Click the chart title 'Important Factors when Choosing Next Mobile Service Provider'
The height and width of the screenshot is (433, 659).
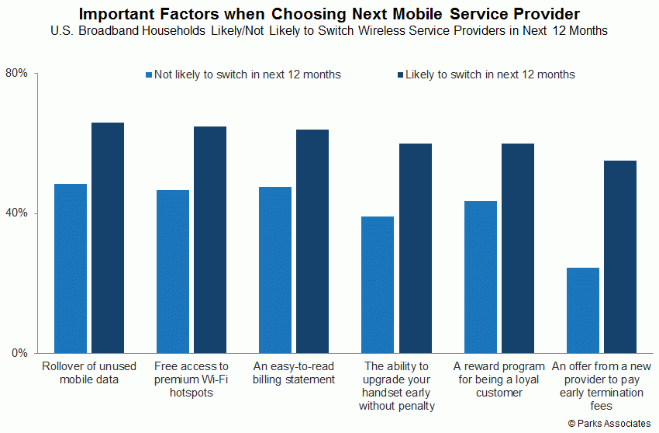pos(329,14)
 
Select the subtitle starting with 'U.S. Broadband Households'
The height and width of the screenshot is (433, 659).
pos(329,31)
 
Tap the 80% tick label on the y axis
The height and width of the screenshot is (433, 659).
pos(16,73)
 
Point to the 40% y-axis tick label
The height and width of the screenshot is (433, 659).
pos(16,213)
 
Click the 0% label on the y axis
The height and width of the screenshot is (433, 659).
pos(19,352)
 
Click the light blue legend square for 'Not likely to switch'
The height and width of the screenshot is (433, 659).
pos(149,75)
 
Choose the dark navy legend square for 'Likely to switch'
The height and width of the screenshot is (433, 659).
pos(401,75)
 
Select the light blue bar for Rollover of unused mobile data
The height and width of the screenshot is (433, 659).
pos(71,268)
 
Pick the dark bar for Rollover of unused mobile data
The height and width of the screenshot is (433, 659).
pos(108,237)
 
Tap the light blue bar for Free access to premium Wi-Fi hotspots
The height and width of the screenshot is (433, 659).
pos(173,272)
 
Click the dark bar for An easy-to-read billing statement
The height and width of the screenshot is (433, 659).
pos(312,241)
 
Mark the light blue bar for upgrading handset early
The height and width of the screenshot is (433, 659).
pos(378,285)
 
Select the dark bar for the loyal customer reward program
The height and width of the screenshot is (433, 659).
pos(518,248)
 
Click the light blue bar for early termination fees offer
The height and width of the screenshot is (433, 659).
pos(583,310)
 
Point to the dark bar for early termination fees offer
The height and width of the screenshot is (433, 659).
pos(620,257)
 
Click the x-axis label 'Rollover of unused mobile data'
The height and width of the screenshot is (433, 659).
pos(89,372)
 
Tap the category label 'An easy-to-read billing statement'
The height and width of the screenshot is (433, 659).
pos(294,372)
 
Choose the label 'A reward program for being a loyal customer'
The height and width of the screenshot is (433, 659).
pos(499,379)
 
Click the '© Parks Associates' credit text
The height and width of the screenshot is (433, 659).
pos(609,424)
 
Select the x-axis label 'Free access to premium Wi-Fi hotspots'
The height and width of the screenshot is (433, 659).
pos(191,379)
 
